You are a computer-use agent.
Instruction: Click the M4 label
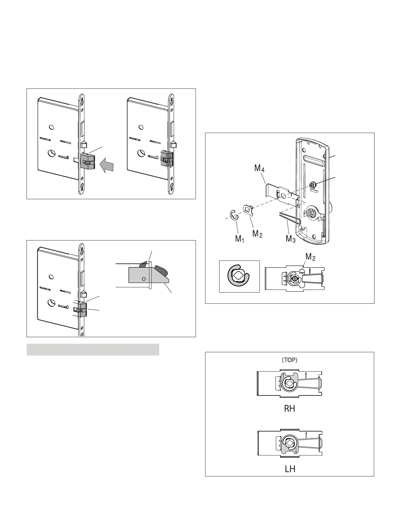click(x=259, y=168)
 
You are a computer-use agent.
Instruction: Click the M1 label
click(x=239, y=239)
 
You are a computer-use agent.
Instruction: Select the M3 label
click(x=291, y=239)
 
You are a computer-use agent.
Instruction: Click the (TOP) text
click(x=289, y=360)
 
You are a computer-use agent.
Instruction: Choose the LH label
click(x=290, y=469)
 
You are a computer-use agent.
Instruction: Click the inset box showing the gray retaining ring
click(x=239, y=276)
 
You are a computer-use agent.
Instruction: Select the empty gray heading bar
click(x=93, y=350)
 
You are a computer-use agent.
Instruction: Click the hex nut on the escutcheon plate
click(x=311, y=185)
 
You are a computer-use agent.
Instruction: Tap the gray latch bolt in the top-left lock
click(x=87, y=161)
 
